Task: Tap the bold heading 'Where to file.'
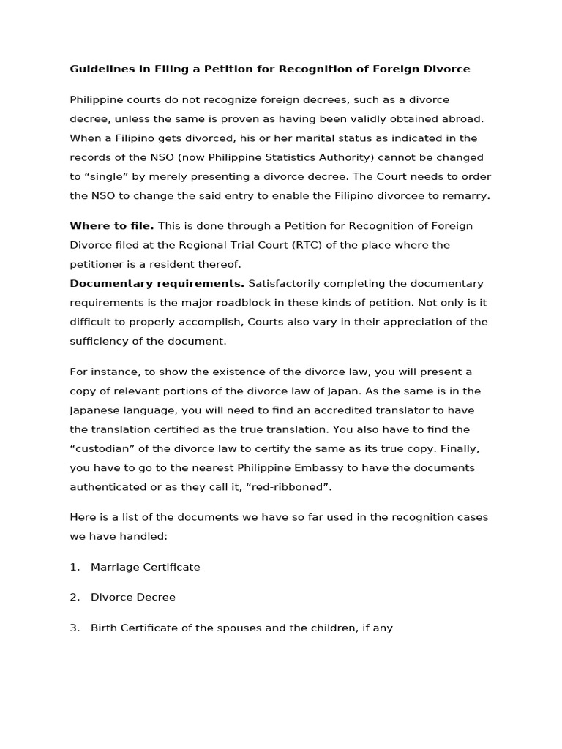[x=111, y=226]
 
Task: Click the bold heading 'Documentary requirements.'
[x=157, y=284]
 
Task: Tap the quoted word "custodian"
[x=101, y=448]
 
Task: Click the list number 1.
[x=74, y=567]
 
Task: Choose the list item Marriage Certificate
[x=145, y=567]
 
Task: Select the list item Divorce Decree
[x=133, y=598]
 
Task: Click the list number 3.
[x=74, y=628]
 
